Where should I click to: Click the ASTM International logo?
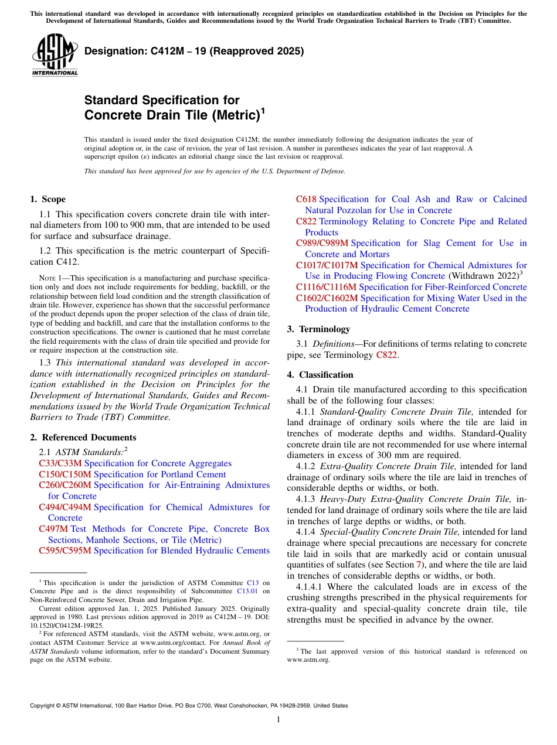(x=55, y=55)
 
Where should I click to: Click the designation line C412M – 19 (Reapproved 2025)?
(x=194, y=51)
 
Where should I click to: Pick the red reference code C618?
(x=306, y=199)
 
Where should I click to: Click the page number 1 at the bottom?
(x=278, y=719)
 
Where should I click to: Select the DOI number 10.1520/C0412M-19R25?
(x=62, y=624)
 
